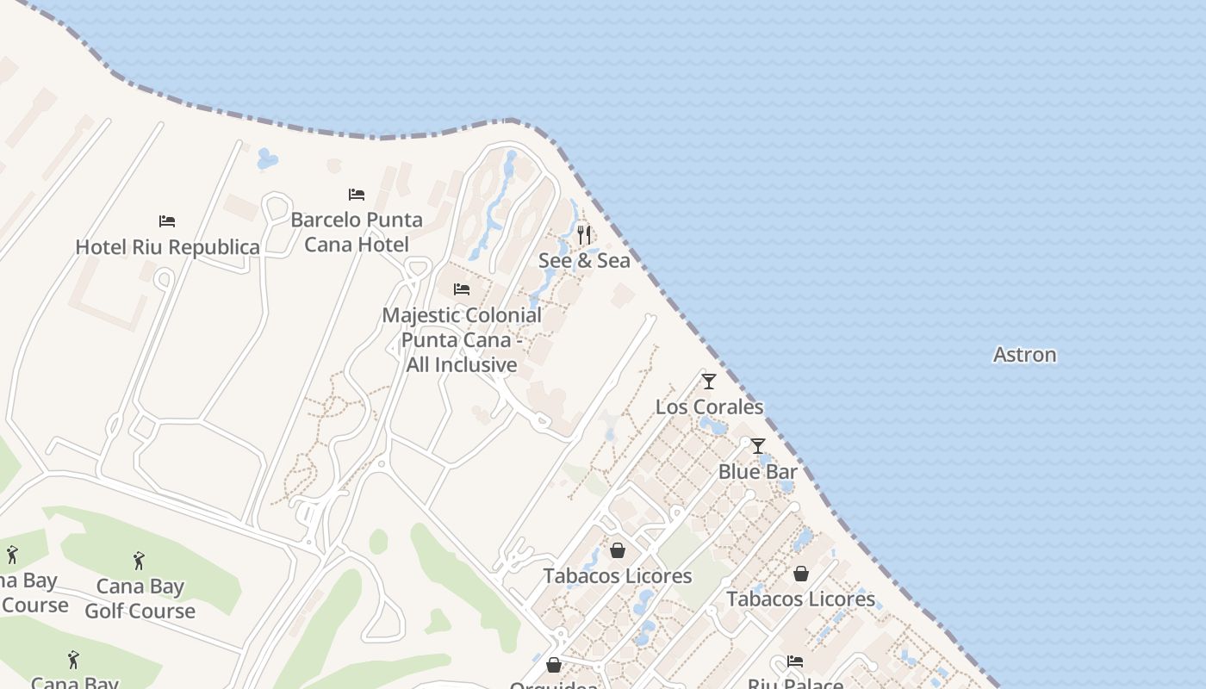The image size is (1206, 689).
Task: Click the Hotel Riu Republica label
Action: [167, 247]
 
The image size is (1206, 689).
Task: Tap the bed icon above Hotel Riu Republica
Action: [167, 221]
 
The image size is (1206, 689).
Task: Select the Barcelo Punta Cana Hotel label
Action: [357, 232]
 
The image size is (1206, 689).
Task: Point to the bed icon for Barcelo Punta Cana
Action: [357, 195]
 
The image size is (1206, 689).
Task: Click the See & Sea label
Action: [584, 260]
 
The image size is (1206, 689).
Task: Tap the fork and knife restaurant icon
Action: [584, 234]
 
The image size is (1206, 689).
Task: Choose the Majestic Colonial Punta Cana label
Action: [462, 339]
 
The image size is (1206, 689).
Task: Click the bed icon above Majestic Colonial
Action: [462, 289]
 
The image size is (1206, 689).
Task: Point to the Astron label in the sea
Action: [1024, 355]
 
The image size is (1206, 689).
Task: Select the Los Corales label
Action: [709, 407]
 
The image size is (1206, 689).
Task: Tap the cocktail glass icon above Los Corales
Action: [709, 381]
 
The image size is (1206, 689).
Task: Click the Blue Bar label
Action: [757, 472]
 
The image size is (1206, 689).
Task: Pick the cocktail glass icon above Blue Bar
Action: [758, 446]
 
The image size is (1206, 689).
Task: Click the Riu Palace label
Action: [795, 684]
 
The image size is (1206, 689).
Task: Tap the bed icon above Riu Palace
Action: [795, 661]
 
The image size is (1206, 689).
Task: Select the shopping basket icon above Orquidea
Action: [554, 665]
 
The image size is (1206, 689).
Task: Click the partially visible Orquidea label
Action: [554, 685]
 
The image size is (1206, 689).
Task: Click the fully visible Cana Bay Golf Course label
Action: [140, 599]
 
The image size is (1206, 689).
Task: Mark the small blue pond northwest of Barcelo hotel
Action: [267, 158]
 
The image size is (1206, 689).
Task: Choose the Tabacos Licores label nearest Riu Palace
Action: [800, 599]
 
